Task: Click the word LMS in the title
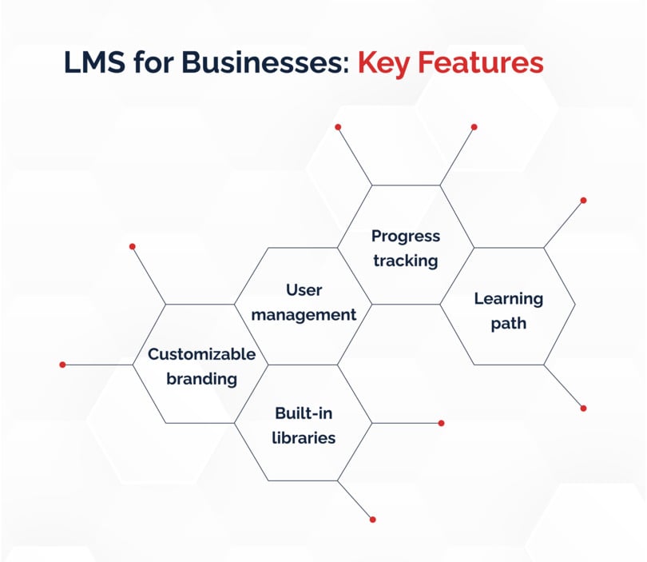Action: coord(94,62)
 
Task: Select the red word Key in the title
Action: coord(383,65)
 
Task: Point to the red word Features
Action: coord(480,62)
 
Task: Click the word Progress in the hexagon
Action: coord(406,237)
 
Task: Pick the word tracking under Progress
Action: coord(406,261)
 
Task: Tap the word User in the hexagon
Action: coord(304,290)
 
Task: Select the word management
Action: coord(304,316)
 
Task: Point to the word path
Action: coord(508,324)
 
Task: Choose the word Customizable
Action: coord(202,354)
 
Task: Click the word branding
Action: coord(202,380)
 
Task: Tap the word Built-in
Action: coord(304,413)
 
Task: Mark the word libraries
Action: coord(304,438)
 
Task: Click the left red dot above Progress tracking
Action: coord(338,127)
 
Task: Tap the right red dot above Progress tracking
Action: coord(474,127)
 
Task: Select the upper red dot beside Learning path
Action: coord(583,201)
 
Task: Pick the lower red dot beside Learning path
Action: coord(583,409)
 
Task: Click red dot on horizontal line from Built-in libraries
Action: coord(441,423)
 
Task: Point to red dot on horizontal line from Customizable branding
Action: coord(63,365)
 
